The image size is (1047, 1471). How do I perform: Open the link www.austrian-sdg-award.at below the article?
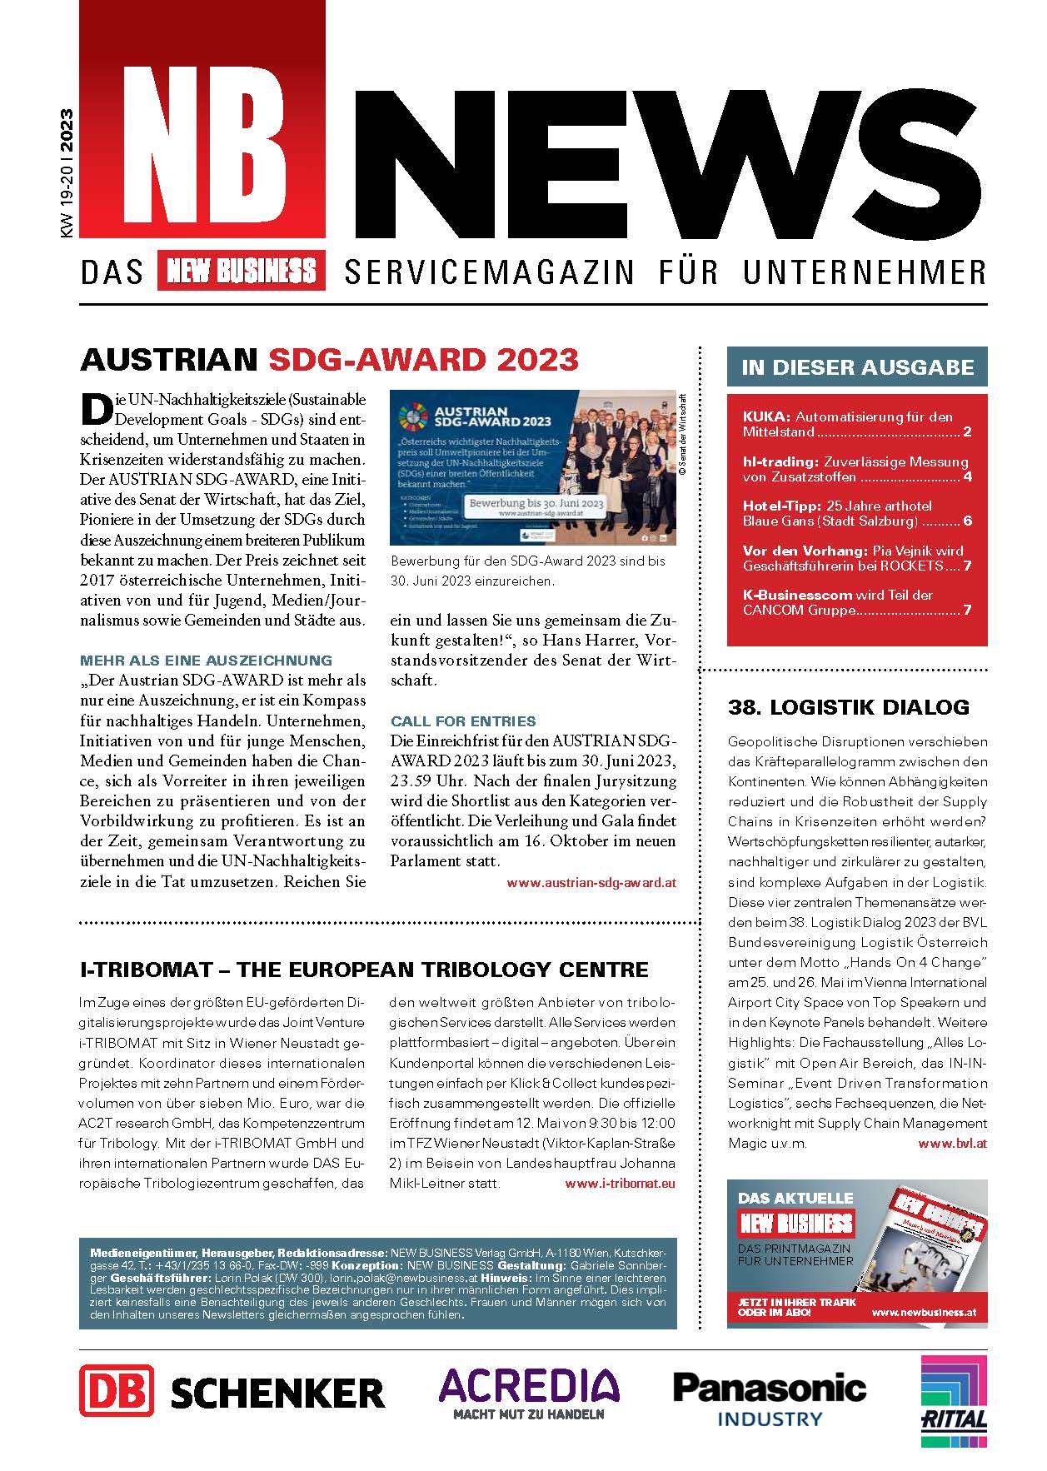(591, 882)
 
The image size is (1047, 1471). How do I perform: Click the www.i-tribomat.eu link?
(620, 1183)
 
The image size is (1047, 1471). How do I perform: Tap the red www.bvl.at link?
(952, 1144)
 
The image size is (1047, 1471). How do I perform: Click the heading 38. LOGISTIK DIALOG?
(849, 707)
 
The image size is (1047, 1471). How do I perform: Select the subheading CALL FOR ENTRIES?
(463, 721)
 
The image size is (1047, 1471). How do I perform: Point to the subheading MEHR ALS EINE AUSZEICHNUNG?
(206, 661)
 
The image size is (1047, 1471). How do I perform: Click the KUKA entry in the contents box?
(856, 424)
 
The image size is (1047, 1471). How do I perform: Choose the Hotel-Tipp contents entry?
(856, 513)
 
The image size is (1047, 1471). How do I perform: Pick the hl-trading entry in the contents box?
(856, 469)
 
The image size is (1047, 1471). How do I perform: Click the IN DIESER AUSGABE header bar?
(857, 367)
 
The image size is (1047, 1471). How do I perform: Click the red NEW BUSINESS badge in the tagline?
(241, 272)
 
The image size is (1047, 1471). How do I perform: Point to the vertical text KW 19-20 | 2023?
(67, 175)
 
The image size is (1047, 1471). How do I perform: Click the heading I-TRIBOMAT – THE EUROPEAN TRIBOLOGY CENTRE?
(364, 970)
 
